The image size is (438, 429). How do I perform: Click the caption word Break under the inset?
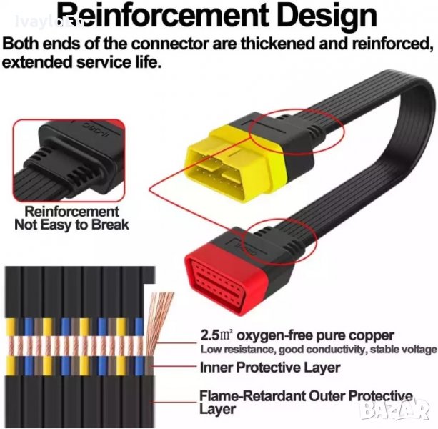point(110,225)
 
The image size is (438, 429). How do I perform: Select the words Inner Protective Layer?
point(270,368)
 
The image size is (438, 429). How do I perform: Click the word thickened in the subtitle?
point(265,44)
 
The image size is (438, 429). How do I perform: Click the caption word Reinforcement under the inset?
point(71,212)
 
